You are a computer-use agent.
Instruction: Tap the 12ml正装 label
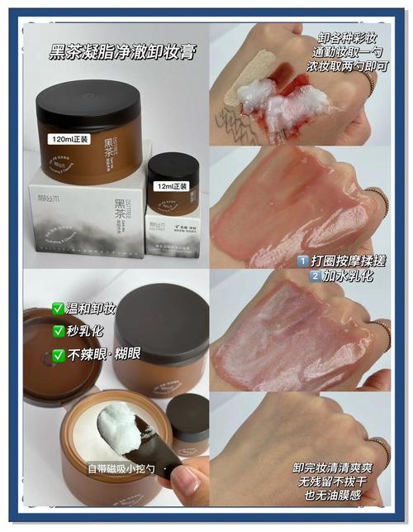pyautogui.click(x=172, y=186)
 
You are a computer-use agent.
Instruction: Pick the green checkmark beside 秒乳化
pyautogui.click(x=59, y=331)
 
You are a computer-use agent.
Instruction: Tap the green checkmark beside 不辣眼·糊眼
pyautogui.click(x=59, y=353)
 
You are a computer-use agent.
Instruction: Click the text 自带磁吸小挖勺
pyautogui.click(x=123, y=469)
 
